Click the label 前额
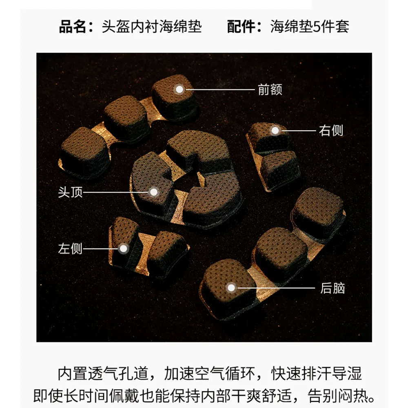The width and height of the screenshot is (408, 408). pos(270,89)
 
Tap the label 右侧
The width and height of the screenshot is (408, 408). pos(331,131)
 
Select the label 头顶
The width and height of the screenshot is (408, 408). pos(70,192)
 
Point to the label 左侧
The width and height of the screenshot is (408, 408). pos(70,248)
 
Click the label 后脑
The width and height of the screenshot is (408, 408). pos(333,288)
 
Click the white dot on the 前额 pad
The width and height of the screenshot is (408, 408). pos(179,89)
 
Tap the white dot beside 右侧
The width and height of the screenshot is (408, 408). pos(275,131)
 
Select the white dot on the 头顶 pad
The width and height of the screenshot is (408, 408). pos(154,192)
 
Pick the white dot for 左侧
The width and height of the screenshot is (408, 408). pos(124,249)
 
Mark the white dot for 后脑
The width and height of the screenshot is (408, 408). pos(231,288)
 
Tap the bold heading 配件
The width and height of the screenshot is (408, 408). pos(241,27)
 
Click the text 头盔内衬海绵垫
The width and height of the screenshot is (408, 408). pos(152,27)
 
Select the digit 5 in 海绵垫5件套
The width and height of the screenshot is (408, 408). pos(317,27)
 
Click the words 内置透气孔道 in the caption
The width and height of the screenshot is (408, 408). pos(102,373)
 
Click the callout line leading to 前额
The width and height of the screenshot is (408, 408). pos(220,89)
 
